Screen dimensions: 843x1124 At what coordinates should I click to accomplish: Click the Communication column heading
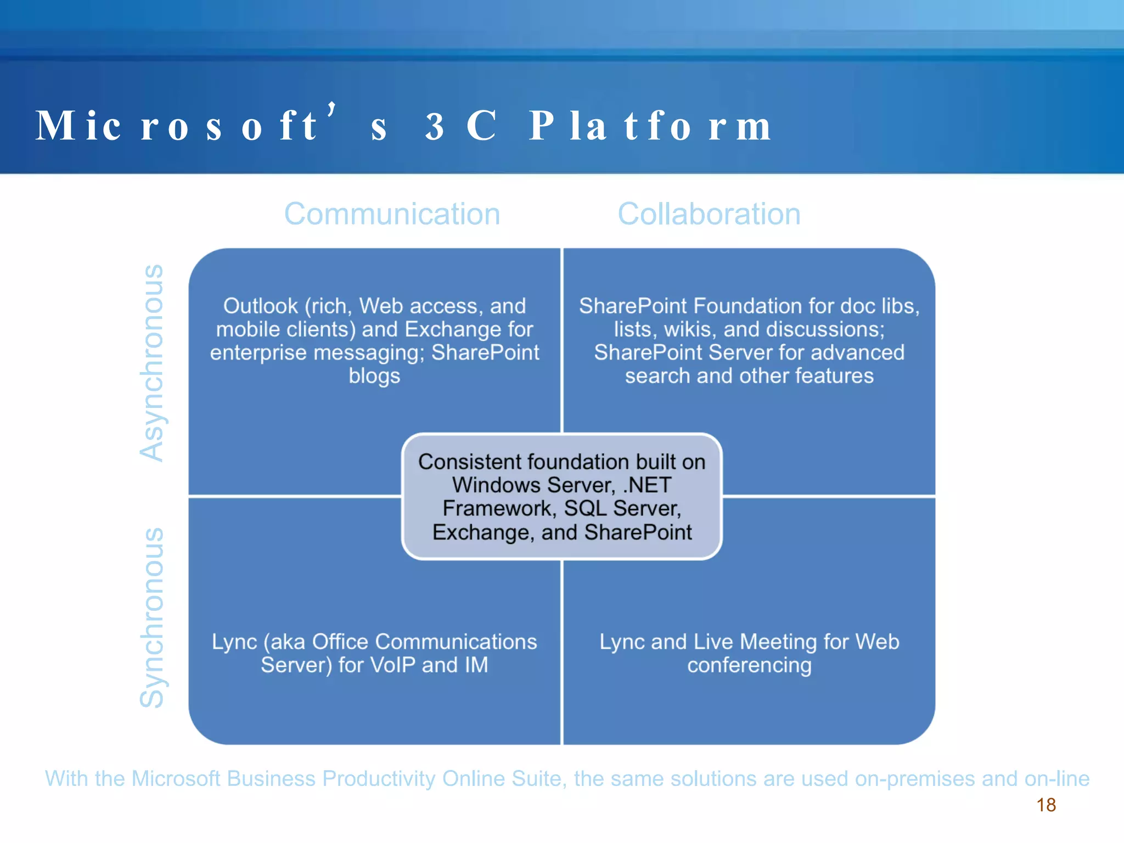tap(392, 214)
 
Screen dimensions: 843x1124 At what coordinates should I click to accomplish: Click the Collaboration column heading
tap(709, 214)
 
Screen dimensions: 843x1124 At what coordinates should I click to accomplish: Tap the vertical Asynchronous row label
tap(151, 363)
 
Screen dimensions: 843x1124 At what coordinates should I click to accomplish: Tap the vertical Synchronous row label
tap(151, 617)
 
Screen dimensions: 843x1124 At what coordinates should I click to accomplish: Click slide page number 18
tap(1046, 805)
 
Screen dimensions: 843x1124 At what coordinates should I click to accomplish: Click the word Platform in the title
tap(650, 126)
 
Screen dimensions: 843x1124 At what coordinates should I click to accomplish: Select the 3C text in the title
tap(461, 126)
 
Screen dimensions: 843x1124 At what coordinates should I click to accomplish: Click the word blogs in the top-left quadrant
tap(374, 376)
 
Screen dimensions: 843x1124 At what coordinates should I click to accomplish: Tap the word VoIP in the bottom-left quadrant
tap(393, 665)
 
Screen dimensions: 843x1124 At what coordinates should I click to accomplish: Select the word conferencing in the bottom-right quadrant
tap(749, 666)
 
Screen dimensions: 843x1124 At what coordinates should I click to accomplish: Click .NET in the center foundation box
tap(647, 485)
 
